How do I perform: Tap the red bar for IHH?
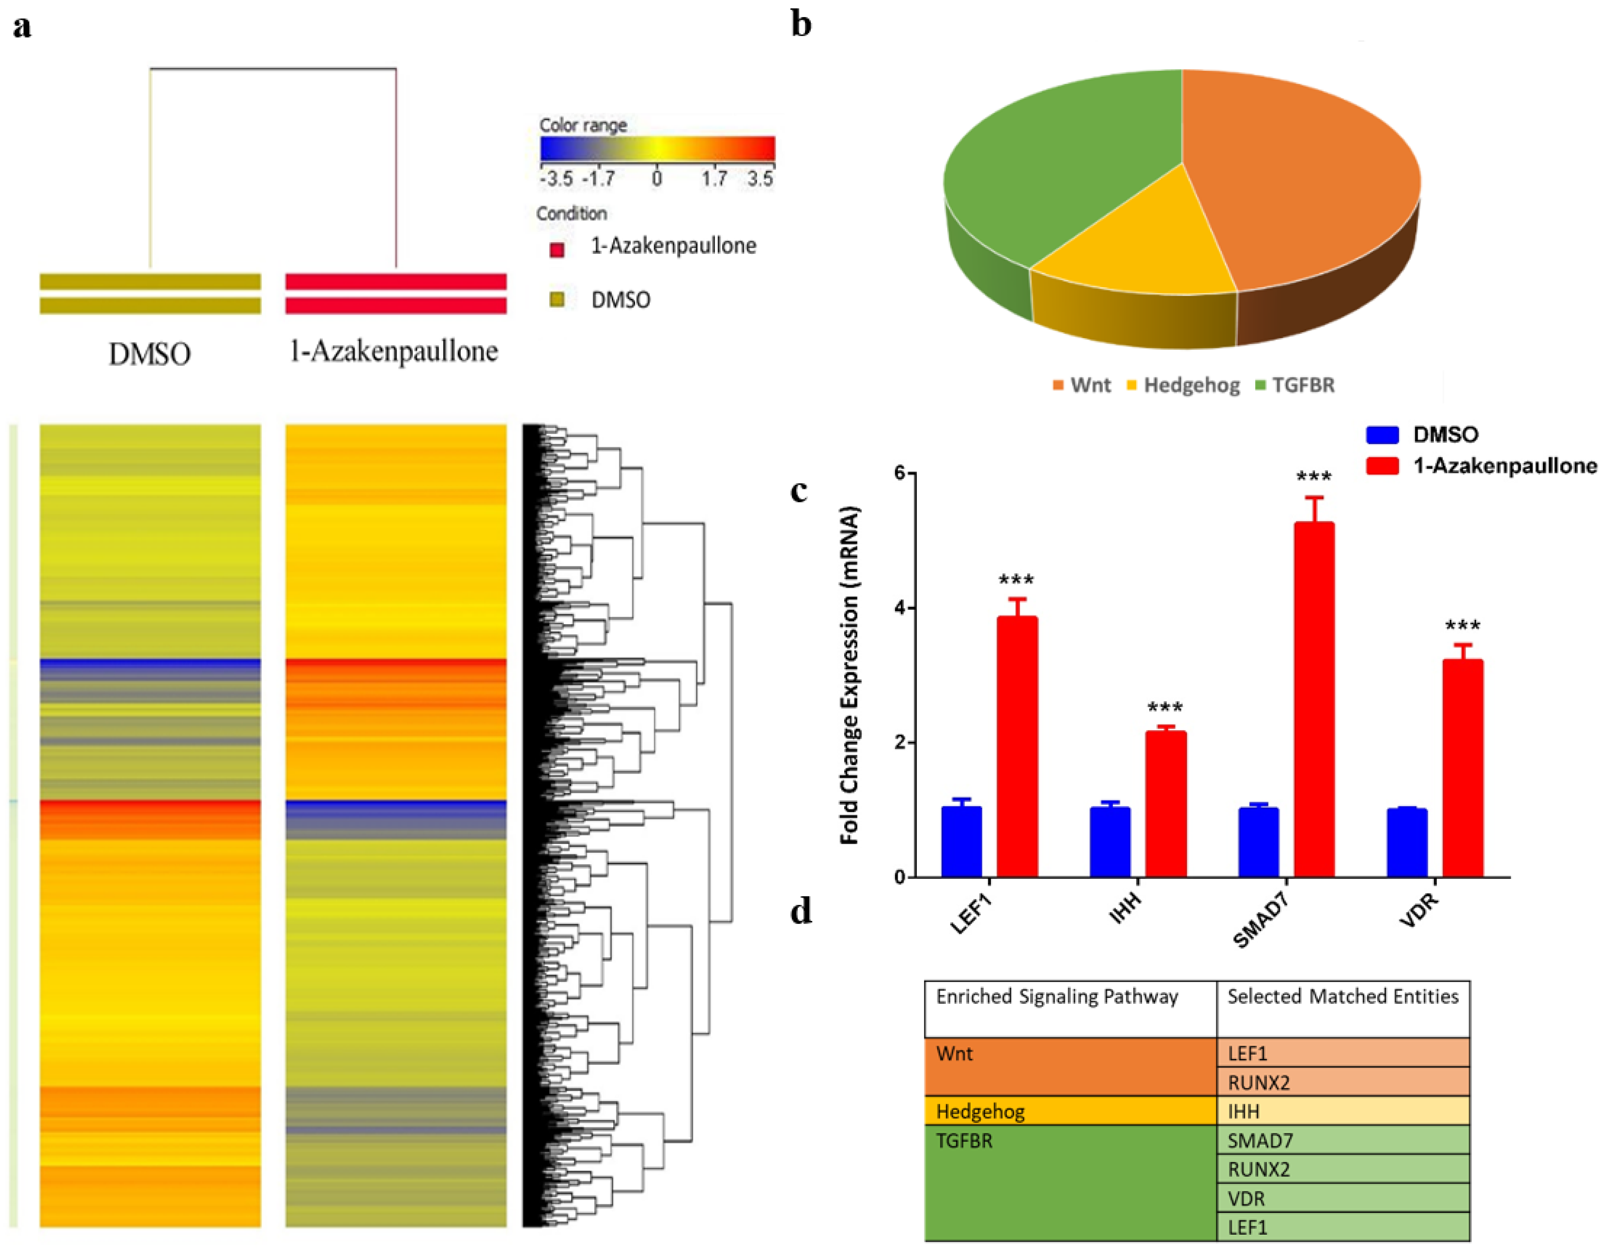coord(1166,803)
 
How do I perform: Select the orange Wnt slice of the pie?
coord(1298,177)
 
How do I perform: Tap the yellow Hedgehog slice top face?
coord(1128,243)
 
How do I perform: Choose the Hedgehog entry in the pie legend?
coord(1190,385)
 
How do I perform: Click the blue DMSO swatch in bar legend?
coord(1382,434)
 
